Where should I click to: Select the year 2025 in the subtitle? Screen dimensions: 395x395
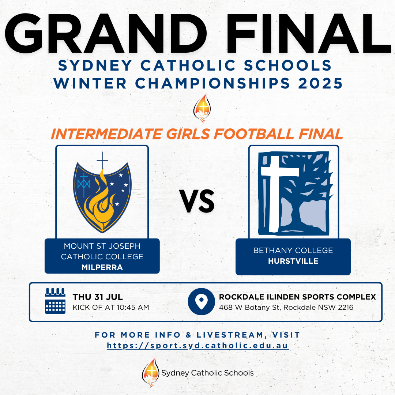(320, 83)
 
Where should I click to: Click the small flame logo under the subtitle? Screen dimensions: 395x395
(202, 108)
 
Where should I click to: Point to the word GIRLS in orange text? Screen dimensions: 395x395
(188, 134)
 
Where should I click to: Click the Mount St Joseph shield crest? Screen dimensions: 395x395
(102, 193)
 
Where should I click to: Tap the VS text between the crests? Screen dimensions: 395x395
(197, 201)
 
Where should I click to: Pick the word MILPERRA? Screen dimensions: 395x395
(102, 267)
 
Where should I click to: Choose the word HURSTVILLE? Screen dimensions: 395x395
(293, 261)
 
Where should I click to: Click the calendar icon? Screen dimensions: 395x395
(55, 301)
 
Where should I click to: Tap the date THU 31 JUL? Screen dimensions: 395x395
(98, 297)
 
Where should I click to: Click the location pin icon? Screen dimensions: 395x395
(201, 301)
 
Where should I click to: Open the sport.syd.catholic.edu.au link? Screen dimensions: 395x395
(198, 346)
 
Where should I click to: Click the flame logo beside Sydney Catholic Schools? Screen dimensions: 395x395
(151, 372)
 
